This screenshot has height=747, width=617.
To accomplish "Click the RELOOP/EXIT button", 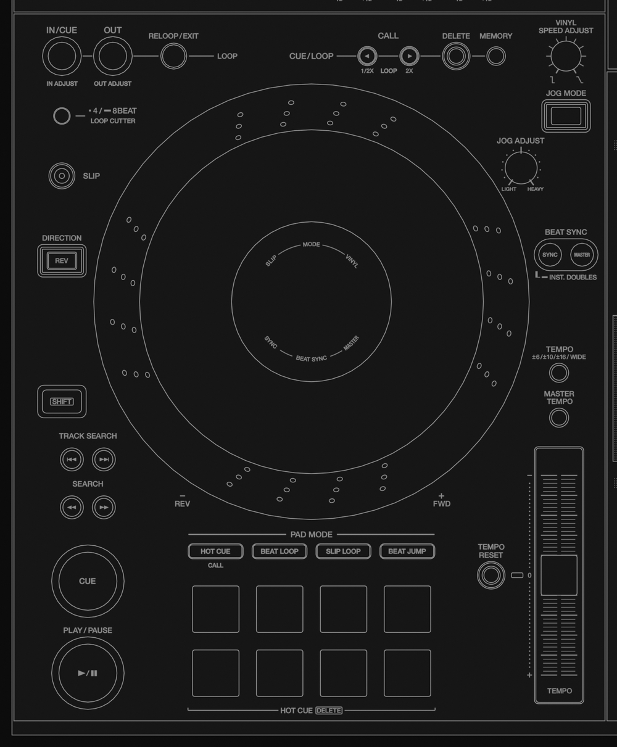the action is click(173, 56).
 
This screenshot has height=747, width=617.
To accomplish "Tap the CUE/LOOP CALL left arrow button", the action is click(367, 56).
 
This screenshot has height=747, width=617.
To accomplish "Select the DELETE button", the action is click(456, 56).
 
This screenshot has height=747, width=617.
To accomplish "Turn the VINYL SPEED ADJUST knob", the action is click(566, 56).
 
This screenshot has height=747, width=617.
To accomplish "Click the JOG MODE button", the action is click(566, 116).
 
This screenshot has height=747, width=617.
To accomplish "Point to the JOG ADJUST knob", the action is click(521, 168).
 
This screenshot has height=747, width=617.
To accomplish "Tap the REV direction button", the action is click(62, 261).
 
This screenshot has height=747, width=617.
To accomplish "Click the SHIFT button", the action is click(62, 402).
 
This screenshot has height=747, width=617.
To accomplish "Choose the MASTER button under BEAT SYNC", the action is click(582, 255).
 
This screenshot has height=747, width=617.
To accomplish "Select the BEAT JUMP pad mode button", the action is click(407, 551).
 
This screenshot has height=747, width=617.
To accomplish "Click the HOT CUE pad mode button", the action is click(215, 551).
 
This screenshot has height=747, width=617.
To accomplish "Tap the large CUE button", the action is click(88, 581).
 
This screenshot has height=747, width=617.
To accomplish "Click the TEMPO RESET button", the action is click(491, 576).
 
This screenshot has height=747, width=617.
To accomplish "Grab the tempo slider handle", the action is click(559, 576).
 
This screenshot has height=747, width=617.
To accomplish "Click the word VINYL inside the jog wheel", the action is click(352, 261).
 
